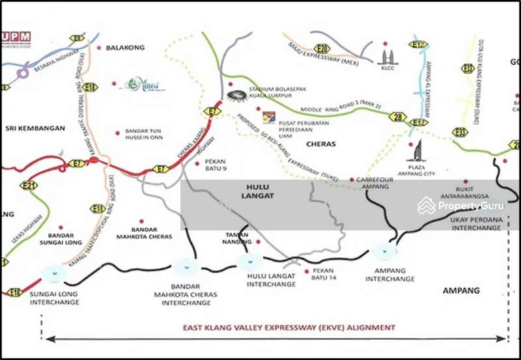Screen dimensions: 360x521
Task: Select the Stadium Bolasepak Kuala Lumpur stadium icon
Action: tap(238, 96)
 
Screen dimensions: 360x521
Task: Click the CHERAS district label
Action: tap(320, 145)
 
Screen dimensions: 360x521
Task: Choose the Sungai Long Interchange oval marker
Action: tap(54, 272)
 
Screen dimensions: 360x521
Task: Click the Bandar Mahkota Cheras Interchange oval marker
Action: tap(186, 266)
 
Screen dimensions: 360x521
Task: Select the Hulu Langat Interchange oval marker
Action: tap(250, 262)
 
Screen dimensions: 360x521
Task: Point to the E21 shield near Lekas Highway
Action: tap(28, 186)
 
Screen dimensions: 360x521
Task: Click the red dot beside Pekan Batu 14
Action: tap(306, 270)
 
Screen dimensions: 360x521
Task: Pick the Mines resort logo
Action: tap(144, 84)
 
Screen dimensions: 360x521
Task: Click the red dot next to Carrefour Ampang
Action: tap(352, 179)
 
